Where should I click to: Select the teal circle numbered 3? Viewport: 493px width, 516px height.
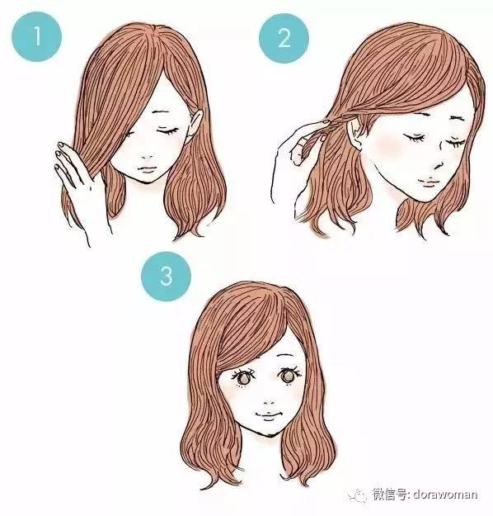[x=167, y=275]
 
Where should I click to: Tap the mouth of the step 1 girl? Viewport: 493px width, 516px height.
[x=148, y=168]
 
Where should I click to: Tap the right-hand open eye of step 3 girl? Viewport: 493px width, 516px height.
[x=289, y=375]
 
